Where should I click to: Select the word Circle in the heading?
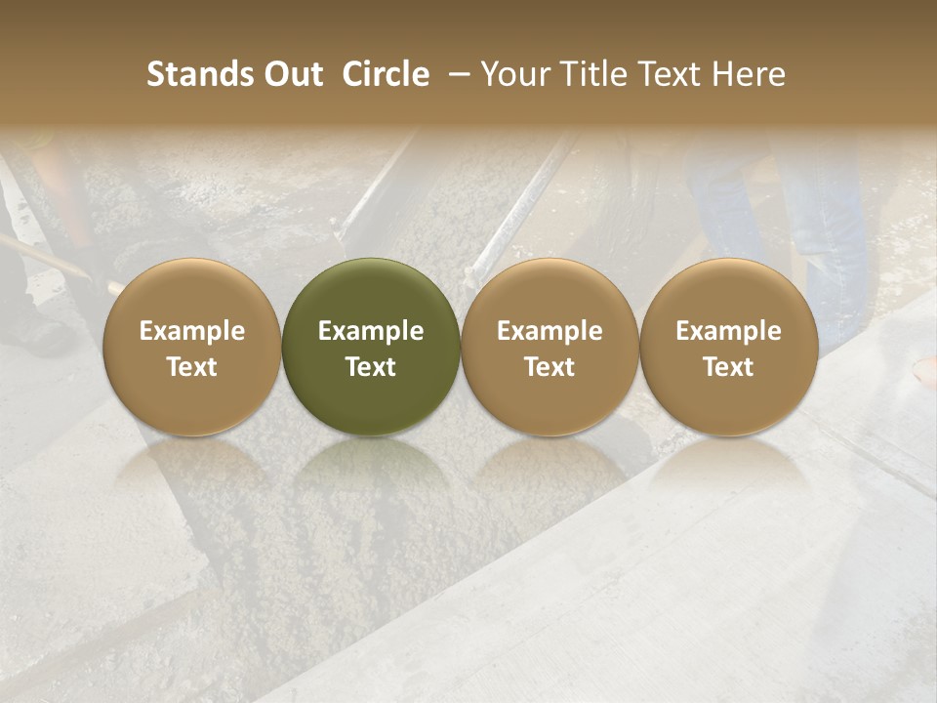point(386,74)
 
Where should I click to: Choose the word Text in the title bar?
point(660,74)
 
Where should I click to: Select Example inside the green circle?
point(371,331)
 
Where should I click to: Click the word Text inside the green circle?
point(371,367)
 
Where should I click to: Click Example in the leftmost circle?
point(192,331)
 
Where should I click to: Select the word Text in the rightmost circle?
point(729,367)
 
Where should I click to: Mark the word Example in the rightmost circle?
point(729,331)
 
